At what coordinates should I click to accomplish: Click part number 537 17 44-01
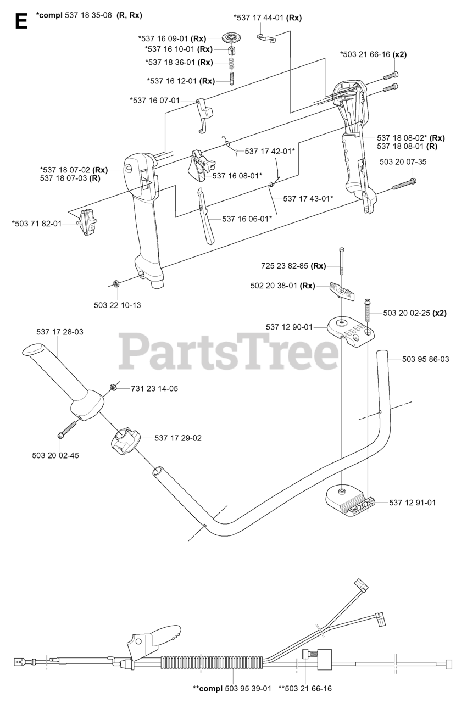268,18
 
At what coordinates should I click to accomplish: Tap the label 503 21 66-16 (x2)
373,54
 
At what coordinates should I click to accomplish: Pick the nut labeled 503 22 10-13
116,284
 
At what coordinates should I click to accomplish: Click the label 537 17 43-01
308,198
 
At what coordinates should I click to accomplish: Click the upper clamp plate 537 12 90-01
350,331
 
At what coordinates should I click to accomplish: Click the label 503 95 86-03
425,359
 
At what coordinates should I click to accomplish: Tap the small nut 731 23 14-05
112,388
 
